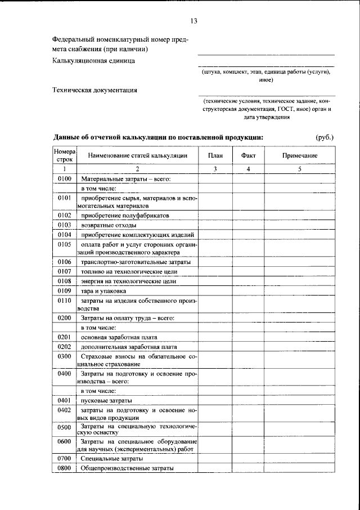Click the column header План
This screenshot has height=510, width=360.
click(214, 155)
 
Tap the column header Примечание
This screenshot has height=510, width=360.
click(300, 155)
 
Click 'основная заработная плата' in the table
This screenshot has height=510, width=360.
click(119, 337)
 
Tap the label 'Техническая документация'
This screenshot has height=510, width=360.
click(94, 90)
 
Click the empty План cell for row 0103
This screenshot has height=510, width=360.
click(214, 225)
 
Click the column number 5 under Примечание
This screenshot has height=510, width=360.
click(300, 169)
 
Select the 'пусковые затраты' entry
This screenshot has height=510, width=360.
click(106, 401)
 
